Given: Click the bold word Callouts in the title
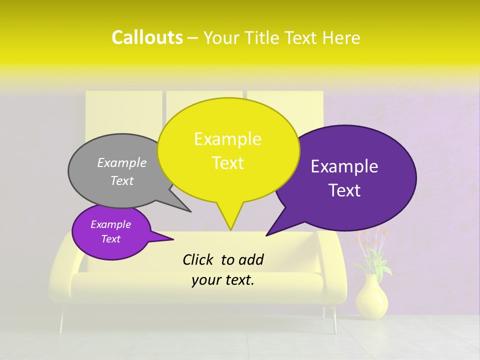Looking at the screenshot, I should [147, 37].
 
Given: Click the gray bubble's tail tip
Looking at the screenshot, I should [190, 211].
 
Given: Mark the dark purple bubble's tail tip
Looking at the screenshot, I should [267, 235].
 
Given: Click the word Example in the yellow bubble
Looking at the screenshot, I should [228, 139].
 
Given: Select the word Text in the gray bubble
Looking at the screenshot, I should [122, 181].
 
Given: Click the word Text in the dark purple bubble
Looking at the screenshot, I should [345, 190].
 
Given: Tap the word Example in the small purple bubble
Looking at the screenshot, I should [110, 224].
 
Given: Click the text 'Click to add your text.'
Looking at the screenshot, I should [223, 269].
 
